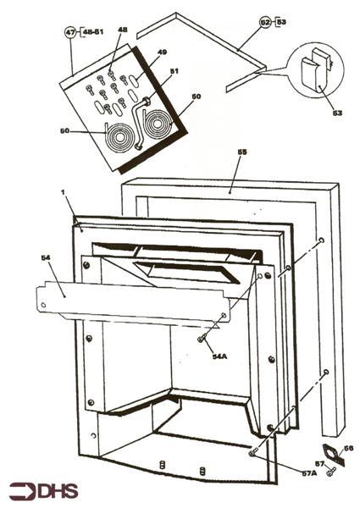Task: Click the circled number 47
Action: coord(70,33)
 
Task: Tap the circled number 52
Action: coord(264,21)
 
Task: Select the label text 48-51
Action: coord(92,33)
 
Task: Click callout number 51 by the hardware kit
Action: coord(174,71)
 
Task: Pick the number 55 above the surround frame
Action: coord(242,152)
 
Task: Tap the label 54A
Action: coord(219,356)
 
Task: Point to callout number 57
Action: coord(319,464)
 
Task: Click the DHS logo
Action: coord(40,490)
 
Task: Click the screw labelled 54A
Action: coord(202,339)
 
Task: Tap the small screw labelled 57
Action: coord(333,470)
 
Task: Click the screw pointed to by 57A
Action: coord(252,453)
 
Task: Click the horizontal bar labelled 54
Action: coord(127,301)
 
